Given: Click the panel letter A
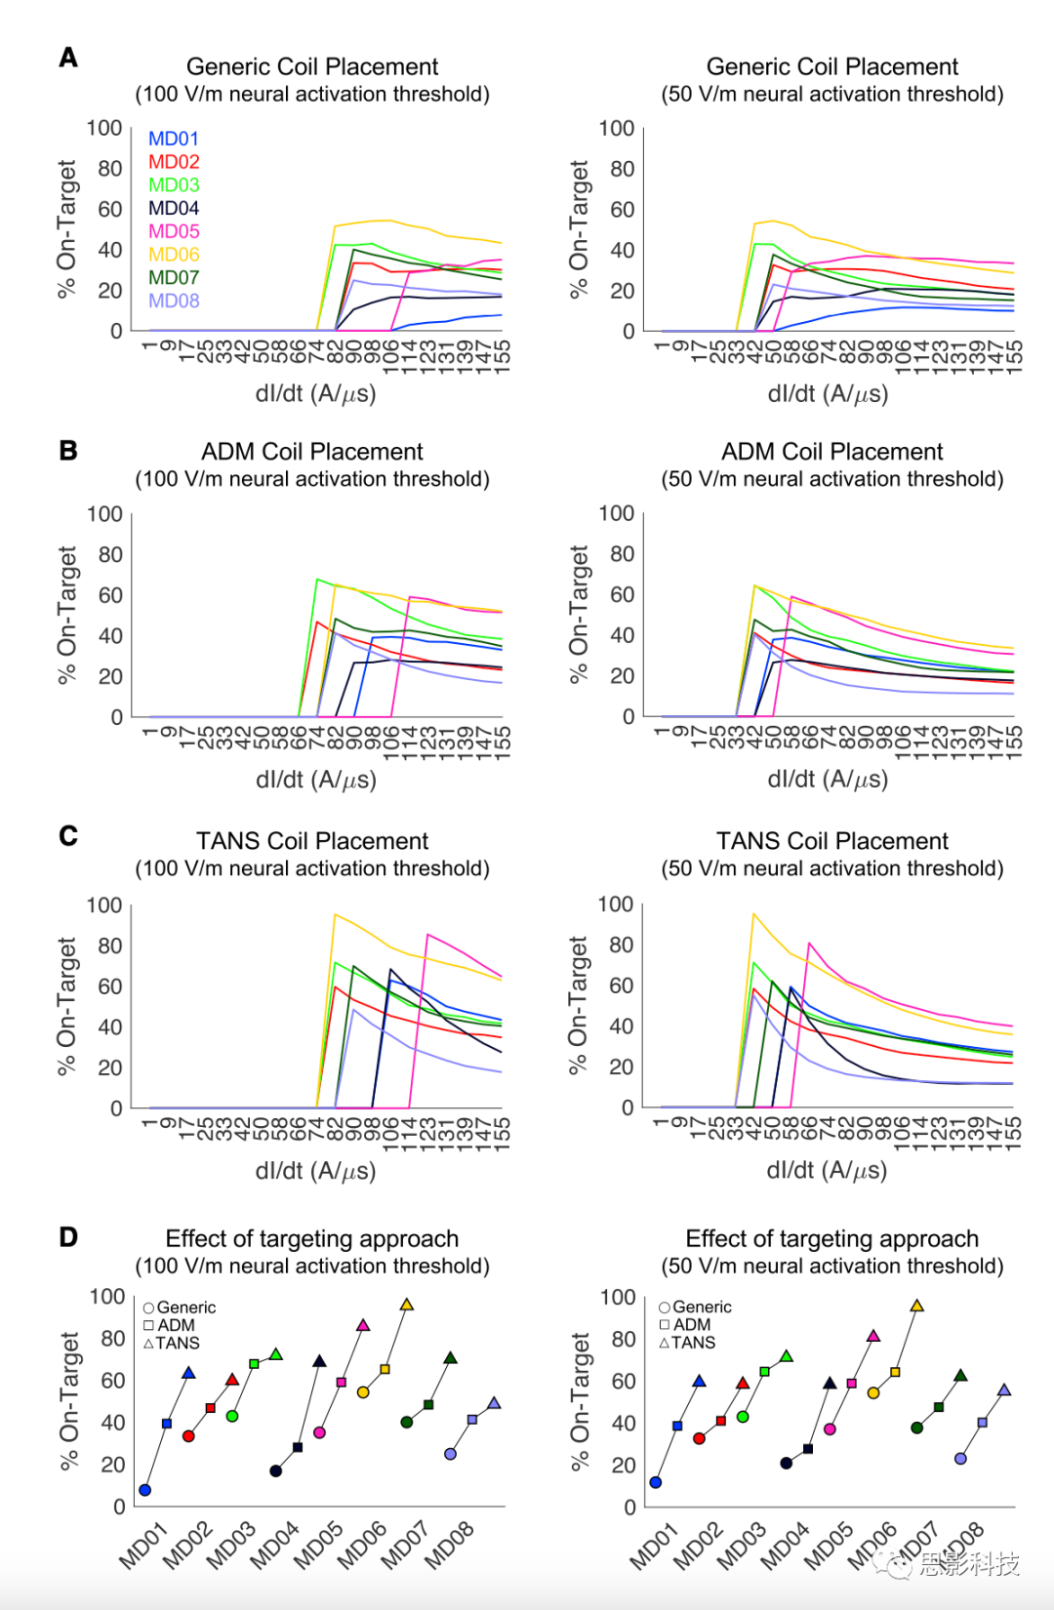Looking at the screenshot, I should pos(68,58).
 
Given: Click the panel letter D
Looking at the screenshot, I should pos(68,1237).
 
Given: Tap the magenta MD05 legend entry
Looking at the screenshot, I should pos(174,231).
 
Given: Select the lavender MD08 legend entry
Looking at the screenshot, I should pos(174,301).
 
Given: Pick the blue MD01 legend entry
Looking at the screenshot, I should pos(173,139).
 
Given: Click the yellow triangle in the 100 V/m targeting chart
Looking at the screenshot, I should pos(407,1305).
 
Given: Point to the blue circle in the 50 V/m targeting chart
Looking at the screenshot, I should pos(656,1482).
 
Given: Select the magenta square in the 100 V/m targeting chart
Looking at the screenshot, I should pos(342,1383).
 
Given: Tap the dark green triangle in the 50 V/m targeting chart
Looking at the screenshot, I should pos(960,1376).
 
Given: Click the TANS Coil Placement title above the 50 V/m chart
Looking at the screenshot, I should pos(831,841).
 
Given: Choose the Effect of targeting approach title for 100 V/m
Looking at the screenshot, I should pos(311,1238).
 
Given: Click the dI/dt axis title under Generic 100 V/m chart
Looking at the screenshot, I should pos(315,393).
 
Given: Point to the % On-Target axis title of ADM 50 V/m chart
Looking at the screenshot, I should pos(579,614).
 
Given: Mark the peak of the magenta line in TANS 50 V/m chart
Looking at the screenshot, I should pos(809,944).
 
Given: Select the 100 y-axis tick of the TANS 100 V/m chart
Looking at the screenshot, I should pos(104,905).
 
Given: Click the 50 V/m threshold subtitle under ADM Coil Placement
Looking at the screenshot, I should pos(831,479).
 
